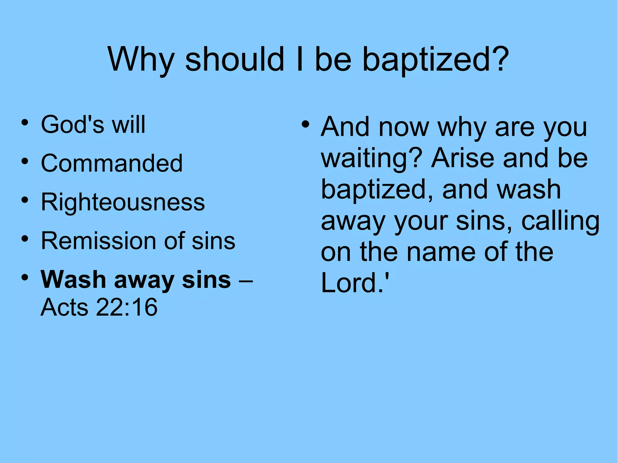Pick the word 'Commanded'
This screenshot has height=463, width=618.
[x=112, y=163]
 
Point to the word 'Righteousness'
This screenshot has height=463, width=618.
[x=123, y=202]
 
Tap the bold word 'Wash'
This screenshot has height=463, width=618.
[x=73, y=280]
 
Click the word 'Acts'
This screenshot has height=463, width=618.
[x=65, y=307]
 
